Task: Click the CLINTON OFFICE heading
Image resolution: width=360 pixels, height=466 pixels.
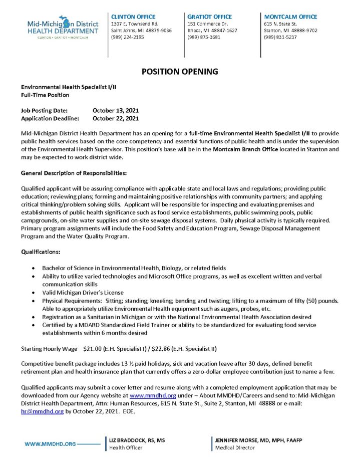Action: coord(133,17)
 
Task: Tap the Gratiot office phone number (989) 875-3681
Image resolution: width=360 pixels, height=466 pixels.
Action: coord(204,37)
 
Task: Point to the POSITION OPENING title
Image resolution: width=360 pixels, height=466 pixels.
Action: coord(180,72)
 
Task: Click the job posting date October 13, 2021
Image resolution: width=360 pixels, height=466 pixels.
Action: coord(116,110)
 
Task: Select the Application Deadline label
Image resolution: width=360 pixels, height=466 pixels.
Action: coord(50,119)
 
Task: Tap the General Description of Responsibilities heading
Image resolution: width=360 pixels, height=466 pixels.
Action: coord(74,173)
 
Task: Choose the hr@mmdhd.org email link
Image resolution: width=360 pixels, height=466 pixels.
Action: coord(42,411)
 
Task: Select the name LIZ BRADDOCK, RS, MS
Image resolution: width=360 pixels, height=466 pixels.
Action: coord(137,440)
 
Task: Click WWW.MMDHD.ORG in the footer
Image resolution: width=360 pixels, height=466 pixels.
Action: coord(50,444)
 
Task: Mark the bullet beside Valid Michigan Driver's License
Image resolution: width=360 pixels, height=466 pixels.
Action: coord(33,292)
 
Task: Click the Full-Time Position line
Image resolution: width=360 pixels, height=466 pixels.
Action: coord(45,95)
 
